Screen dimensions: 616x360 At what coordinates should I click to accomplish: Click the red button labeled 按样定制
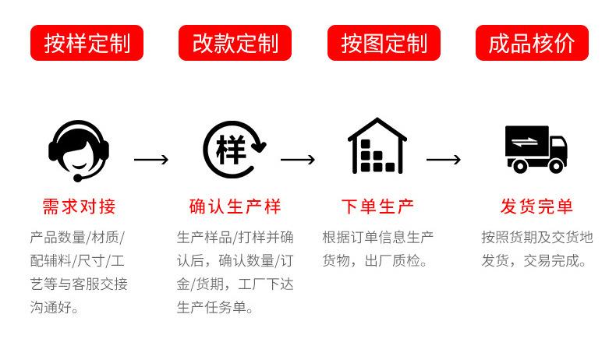[87, 43]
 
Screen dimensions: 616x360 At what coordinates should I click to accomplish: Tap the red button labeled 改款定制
[235, 43]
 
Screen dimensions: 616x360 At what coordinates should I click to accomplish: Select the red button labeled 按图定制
[384, 43]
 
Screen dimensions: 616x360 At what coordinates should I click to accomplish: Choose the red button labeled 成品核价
[532, 43]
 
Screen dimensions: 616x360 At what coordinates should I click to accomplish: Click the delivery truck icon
[536, 148]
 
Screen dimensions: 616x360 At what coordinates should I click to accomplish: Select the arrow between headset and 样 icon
[151, 160]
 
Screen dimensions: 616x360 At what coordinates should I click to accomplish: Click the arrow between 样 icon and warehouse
[298, 160]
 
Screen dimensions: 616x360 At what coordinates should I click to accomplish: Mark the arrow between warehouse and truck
[444, 160]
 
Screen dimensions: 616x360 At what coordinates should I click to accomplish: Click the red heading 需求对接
[79, 206]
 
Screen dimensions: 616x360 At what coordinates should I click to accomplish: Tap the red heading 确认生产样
[235, 206]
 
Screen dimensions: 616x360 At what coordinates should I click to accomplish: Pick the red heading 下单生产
[378, 206]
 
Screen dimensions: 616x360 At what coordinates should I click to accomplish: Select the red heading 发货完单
[536, 206]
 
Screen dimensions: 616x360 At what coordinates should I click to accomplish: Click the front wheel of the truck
[554, 165]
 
